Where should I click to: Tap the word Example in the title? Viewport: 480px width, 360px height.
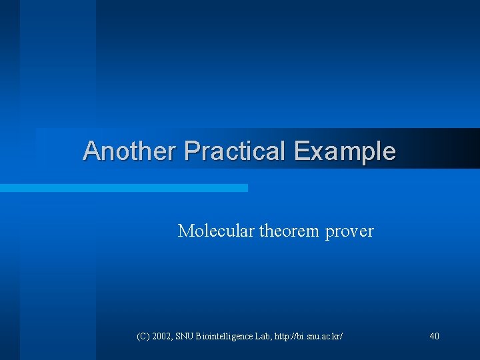click(345, 151)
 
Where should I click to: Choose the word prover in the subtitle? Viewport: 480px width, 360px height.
click(350, 232)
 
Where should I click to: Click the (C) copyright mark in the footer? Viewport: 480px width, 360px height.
click(143, 337)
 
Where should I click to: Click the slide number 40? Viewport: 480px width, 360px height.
click(434, 337)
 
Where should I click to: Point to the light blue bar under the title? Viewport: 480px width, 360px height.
click(123, 188)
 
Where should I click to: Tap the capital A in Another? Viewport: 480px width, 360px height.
click(91, 151)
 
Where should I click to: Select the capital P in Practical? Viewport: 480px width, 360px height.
click(191, 151)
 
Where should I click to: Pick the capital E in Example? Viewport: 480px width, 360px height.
click(301, 151)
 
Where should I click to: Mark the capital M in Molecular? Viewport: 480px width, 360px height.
click(185, 231)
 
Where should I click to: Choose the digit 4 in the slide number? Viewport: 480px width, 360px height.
click(431, 337)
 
